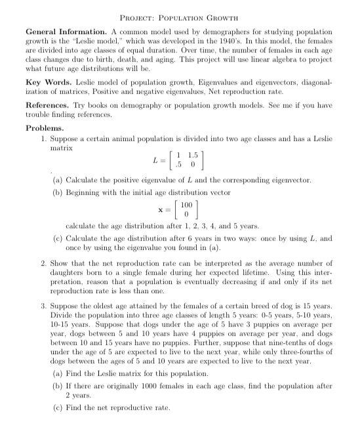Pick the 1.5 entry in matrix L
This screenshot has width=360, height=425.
[x=192, y=155]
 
